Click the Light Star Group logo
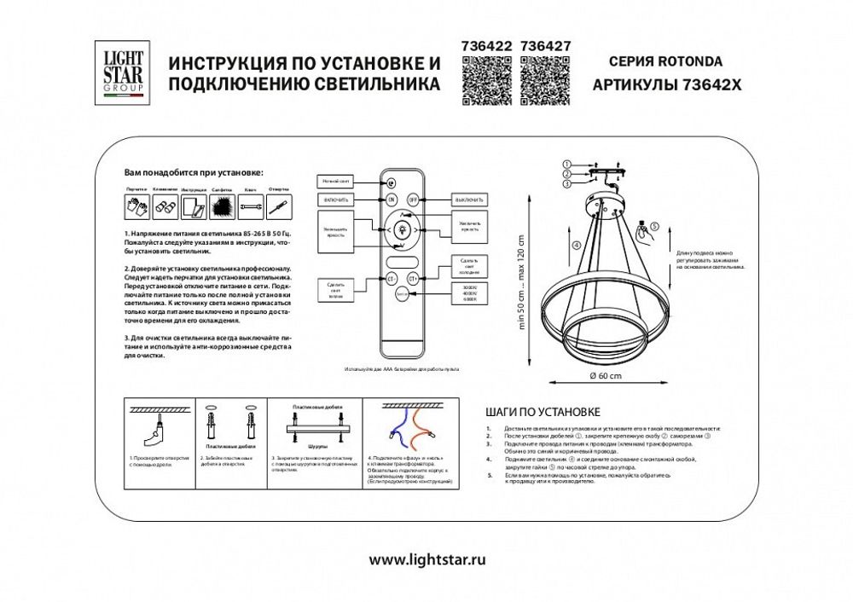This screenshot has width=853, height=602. [124, 74]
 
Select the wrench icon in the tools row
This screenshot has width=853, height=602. [251, 205]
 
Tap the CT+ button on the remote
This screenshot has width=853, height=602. [414, 278]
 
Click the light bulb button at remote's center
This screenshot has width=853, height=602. [403, 229]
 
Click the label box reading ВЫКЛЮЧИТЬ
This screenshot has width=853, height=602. [469, 200]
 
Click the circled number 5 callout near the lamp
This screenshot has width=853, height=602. [654, 227]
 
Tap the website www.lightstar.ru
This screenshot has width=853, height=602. [426, 559]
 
